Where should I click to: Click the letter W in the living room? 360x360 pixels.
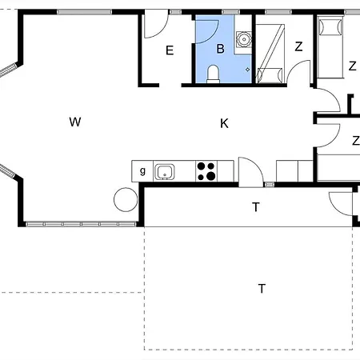pos(75,122)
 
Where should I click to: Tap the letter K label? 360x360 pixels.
pos(224,123)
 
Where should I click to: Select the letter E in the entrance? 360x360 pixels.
pos(170,50)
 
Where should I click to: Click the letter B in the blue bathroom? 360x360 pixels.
pos(220,49)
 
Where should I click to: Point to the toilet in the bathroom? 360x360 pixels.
pos(213,74)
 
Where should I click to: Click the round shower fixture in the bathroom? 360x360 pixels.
pos(243,40)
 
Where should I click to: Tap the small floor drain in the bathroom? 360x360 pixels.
pos(248,70)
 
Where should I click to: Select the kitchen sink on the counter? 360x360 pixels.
pos(165,172)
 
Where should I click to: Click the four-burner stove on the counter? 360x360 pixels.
pos(206,171)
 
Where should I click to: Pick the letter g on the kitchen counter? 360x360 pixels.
pos(142,170)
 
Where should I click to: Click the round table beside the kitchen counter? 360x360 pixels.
pos(126,200)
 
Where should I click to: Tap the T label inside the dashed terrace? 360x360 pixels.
pos(262,289)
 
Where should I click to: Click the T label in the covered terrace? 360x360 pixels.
pos(256,207)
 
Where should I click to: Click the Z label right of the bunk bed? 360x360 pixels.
pos(298,46)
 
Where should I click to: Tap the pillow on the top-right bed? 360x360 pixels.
pos(330,27)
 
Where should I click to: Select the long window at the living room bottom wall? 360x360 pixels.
pos(81,224)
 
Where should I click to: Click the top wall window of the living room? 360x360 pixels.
pos(85,12)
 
